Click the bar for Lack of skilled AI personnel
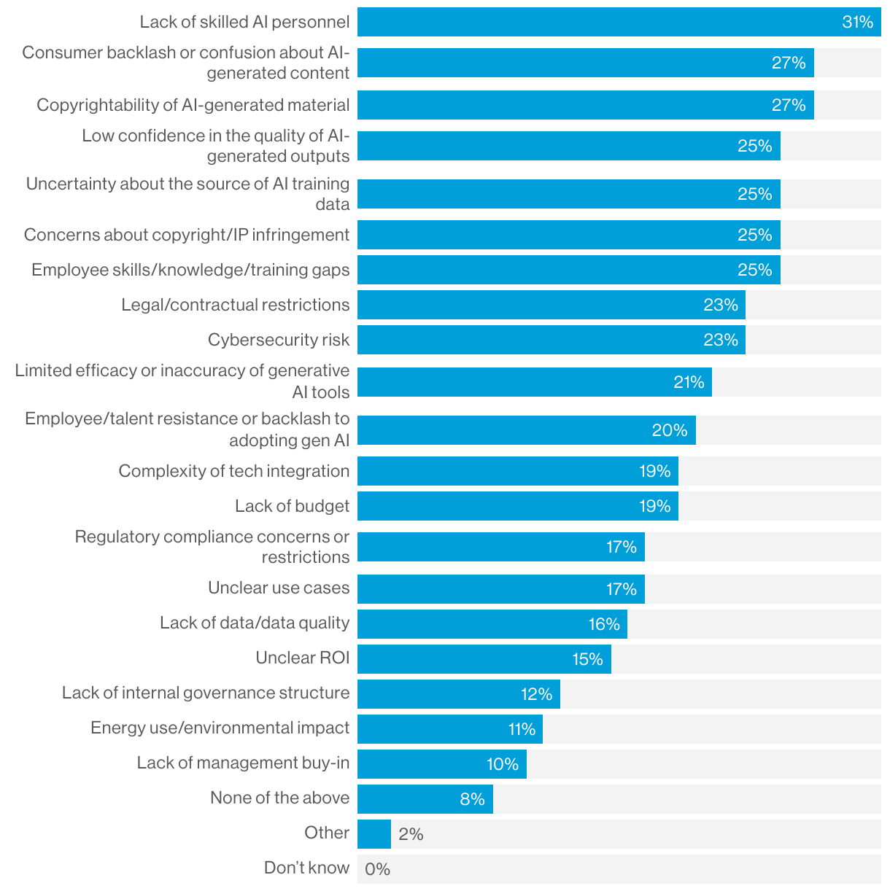(598, 22)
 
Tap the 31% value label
(857, 22)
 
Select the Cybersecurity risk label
(279, 340)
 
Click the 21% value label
(689, 382)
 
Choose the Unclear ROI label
(302, 658)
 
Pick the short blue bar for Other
(374, 834)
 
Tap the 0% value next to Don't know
(378, 869)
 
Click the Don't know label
(306, 868)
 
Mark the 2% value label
(411, 834)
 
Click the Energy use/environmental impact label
(220, 728)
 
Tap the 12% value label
(536, 694)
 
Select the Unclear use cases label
(279, 588)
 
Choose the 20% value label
(670, 430)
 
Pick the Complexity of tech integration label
(234, 471)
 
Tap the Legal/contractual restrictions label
(236, 305)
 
